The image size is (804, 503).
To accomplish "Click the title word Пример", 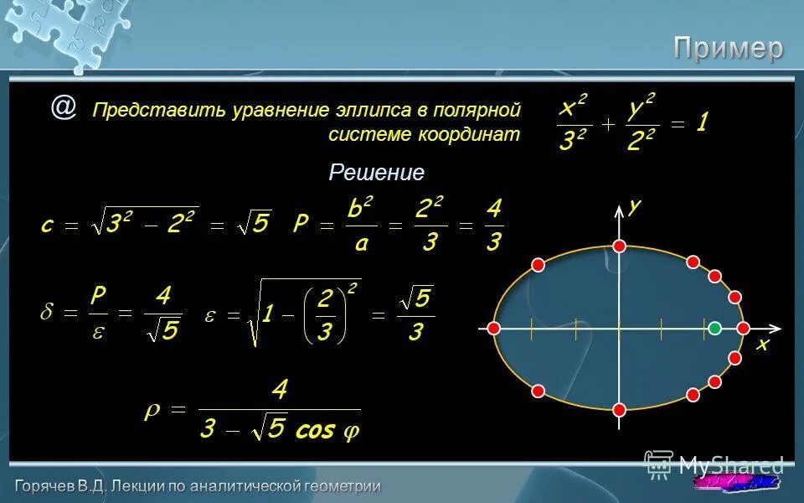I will pyautogui.click(x=729, y=49).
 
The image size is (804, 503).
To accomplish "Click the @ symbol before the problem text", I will pyautogui.click(x=63, y=107).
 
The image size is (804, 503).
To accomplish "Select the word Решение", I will pyautogui.click(x=377, y=173).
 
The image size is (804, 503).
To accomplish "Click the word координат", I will pyautogui.click(x=464, y=134).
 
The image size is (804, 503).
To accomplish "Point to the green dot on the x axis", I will pyautogui.click(x=714, y=328).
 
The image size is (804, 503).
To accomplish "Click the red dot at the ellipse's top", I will pyautogui.click(x=620, y=246).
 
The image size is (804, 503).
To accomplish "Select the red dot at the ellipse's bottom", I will pyautogui.click(x=620, y=409).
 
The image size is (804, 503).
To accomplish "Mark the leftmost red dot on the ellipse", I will pyautogui.click(x=494, y=328).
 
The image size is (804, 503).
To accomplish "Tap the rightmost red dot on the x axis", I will pyautogui.click(x=743, y=328).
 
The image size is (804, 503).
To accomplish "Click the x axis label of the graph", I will pyautogui.click(x=762, y=345).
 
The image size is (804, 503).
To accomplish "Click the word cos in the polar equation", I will pyautogui.click(x=315, y=431).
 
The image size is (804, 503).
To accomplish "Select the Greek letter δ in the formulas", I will pyautogui.click(x=48, y=313).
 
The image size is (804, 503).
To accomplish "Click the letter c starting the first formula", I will pyautogui.click(x=48, y=225).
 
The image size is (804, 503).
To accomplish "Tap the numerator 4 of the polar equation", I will pyautogui.click(x=279, y=391).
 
